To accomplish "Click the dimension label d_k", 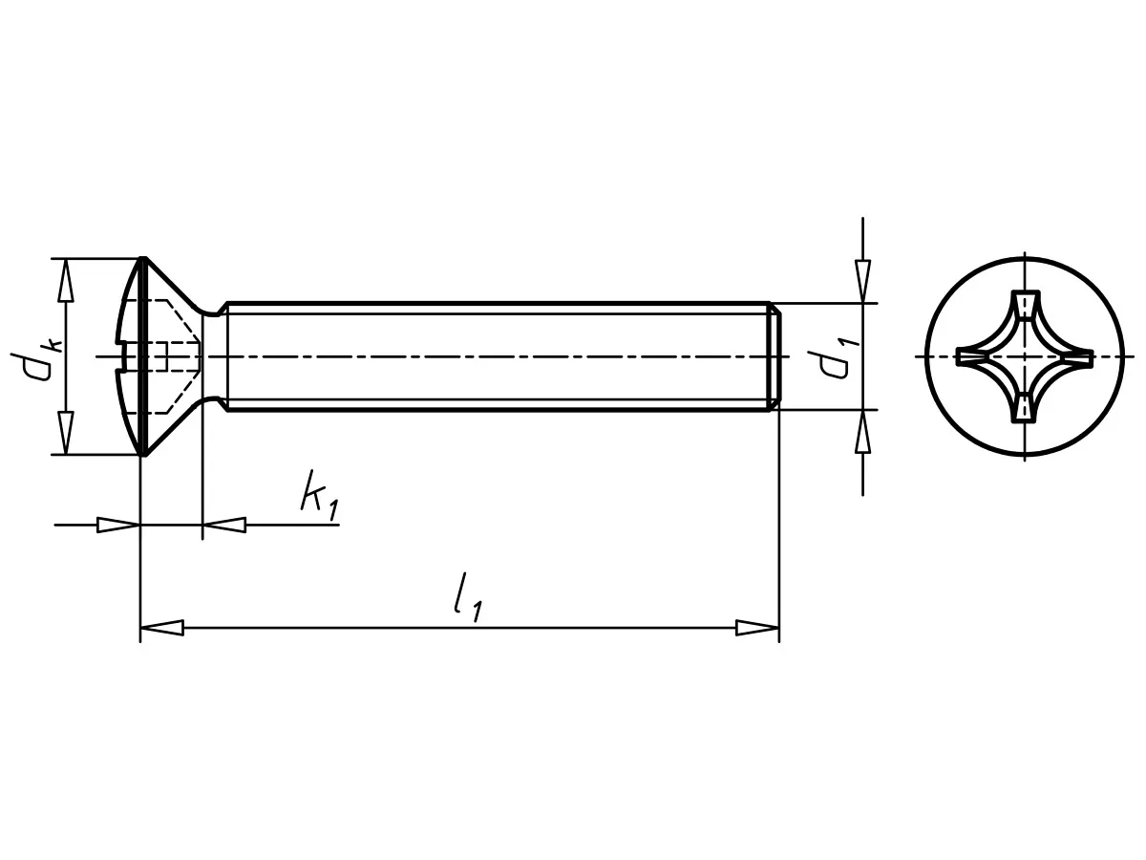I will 41,355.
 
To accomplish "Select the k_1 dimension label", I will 318,497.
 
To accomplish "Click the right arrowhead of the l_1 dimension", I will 757,628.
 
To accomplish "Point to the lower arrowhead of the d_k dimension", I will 65,432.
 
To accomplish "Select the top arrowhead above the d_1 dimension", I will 862,279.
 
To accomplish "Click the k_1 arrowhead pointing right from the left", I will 118,525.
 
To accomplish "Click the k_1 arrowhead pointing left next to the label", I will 224,525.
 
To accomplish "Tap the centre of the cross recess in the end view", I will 1025,356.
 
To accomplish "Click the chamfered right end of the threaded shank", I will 776,356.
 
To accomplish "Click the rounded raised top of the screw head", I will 126,356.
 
